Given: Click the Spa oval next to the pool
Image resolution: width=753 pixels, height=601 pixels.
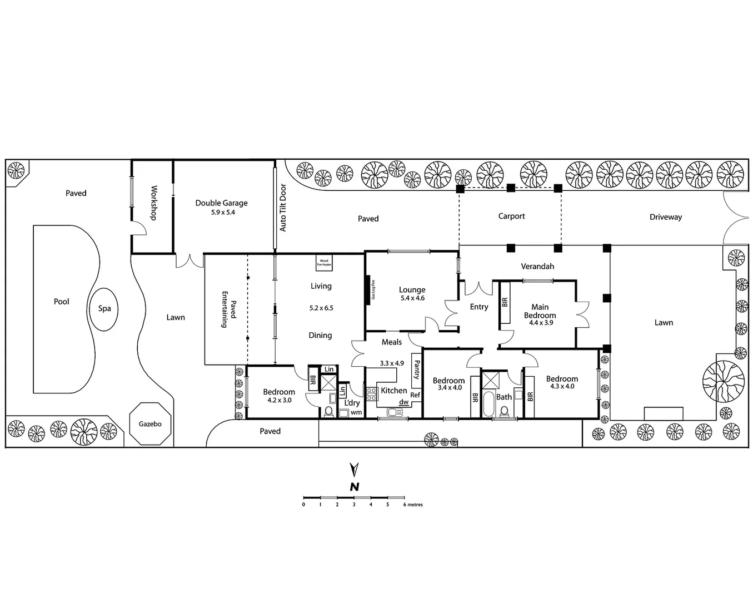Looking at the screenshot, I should [104, 309].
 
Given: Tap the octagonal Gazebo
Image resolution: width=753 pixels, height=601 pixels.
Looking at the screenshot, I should [149, 424].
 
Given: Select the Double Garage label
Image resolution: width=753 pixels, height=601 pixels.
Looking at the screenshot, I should [221, 203].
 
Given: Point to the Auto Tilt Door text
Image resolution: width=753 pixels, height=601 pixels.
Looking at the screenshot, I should [283, 208].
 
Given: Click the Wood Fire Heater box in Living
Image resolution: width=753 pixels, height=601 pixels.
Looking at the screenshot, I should [324, 263].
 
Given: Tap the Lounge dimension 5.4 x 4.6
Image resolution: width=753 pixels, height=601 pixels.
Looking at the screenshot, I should [412, 298].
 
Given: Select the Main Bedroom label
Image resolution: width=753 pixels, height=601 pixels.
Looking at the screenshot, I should [540, 311].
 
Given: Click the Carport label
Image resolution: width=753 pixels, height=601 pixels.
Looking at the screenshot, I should [511, 216].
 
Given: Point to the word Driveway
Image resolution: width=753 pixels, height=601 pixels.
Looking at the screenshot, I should [665, 217].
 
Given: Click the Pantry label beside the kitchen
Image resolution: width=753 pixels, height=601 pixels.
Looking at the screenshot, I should [417, 368].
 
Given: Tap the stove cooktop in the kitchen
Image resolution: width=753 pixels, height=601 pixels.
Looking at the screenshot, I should [372, 394].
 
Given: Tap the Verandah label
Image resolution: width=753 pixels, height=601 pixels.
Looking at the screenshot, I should [537, 267].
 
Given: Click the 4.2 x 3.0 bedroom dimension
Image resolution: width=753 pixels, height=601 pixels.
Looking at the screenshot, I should [279, 400].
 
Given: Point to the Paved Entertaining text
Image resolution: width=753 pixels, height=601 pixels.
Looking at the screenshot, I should [229, 309].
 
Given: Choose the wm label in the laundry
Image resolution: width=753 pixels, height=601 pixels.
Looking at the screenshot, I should [356, 412].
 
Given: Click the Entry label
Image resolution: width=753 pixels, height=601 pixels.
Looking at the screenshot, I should [478, 307].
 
